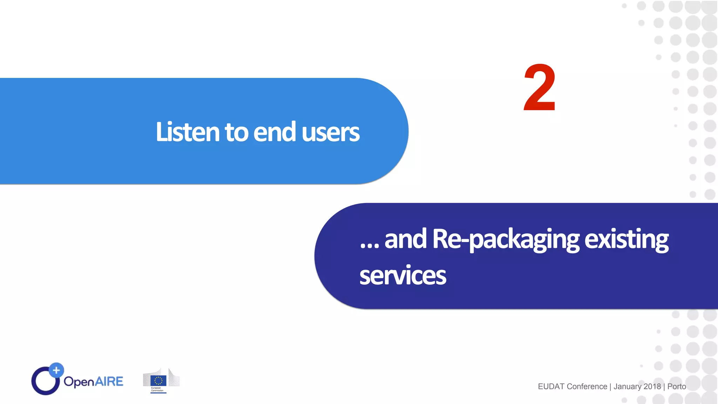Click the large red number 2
[x=540, y=88]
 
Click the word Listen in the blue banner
[x=188, y=132]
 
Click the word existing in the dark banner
[x=626, y=239]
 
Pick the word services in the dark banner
[x=402, y=276]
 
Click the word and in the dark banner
[x=405, y=239]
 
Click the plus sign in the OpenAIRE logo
[x=56, y=370]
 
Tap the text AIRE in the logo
[x=109, y=381]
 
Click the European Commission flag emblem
[x=158, y=381]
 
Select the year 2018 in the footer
[x=652, y=386]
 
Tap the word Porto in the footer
[x=677, y=386]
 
